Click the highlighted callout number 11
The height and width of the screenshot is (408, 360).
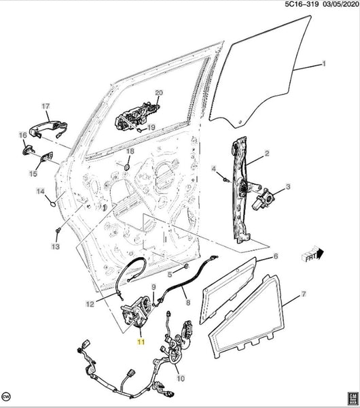tap(141, 341)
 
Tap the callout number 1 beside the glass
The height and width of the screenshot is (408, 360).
tap(324, 63)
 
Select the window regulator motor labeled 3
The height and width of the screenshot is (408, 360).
tap(263, 199)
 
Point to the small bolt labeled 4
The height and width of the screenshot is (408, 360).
tap(226, 180)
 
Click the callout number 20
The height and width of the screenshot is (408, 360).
tap(159, 93)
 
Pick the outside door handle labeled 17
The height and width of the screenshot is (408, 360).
tap(48, 129)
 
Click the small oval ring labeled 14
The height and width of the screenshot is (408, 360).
tap(52, 205)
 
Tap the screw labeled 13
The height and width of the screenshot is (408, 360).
tap(58, 231)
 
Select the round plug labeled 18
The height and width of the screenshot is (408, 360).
tap(127, 167)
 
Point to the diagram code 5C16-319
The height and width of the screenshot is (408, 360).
tap(302, 5)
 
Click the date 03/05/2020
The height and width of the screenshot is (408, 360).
tap(340, 5)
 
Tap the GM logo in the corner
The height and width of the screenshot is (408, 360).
tap(353, 399)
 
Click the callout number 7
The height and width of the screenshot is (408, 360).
tap(304, 294)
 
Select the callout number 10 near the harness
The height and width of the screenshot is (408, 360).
tap(181, 378)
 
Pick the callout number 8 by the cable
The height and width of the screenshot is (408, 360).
tap(188, 302)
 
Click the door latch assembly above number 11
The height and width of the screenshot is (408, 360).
tap(137, 311)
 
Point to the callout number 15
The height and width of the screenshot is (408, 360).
tap(33, 173)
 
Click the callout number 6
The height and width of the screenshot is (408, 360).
tap(276, 256)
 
